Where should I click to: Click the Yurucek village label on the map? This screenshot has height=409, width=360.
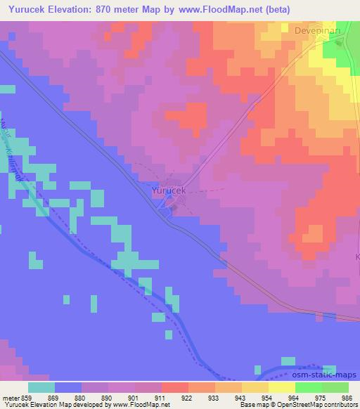tap(169, 190)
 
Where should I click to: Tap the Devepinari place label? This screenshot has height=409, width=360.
tap(318, 31)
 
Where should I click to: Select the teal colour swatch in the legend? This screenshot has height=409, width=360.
tap(41, 387)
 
